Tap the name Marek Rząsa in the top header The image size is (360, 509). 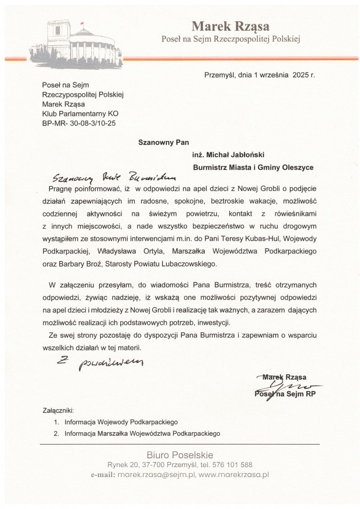coord(230,26)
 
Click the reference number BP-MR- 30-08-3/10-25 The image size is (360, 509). coord(79,123)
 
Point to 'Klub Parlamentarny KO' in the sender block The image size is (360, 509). coord(80,114)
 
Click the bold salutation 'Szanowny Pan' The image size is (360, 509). coord(160,141)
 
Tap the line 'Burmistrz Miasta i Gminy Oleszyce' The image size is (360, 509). coord(253,167)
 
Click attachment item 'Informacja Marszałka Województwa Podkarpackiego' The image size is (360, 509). coord(142,433)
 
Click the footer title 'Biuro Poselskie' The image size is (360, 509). coord(180,455)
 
